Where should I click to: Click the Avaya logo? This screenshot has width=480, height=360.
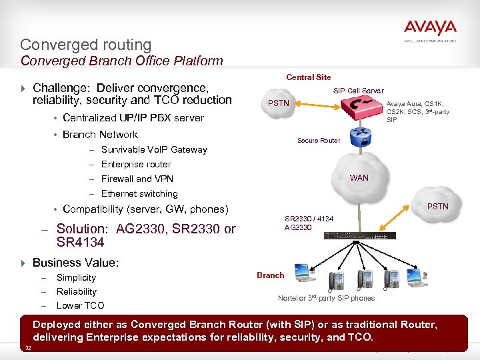[430, 29]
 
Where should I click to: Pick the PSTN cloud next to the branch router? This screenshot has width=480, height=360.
[437, 206]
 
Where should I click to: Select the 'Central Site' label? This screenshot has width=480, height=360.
[308, 77]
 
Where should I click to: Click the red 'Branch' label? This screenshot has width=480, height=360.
[270, 275]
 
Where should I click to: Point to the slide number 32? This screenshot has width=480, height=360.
[28, 349]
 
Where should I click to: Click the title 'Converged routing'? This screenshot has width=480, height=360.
[86, 45]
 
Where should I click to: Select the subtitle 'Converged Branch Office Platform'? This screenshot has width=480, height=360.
[121, 61]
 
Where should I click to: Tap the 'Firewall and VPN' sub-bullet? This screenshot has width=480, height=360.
[137, 179]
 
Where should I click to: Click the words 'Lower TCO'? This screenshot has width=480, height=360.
[80, 305]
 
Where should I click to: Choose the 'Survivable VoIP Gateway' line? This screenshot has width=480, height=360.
[154, 149]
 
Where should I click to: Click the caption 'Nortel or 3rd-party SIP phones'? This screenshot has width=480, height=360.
[326, 298]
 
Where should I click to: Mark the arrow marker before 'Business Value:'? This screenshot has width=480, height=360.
[24, 263]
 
